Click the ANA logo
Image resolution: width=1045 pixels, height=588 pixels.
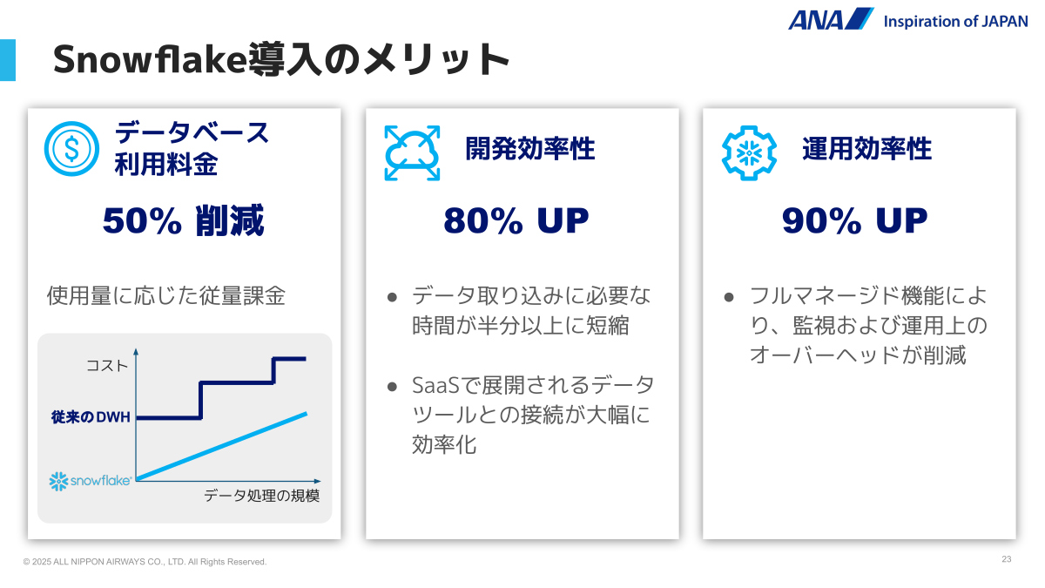tap(831, 19)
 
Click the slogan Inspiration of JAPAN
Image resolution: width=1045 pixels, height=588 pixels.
tap(955, 22)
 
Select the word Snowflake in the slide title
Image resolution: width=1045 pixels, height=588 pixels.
tap(149, 60)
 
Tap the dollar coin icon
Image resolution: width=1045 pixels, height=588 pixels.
tap(71, 149)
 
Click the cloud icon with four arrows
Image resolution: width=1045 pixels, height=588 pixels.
tap(412, 152)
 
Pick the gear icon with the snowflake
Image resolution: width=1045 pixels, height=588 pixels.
tap(749, 152)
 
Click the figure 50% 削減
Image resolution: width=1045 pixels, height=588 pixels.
tap(184, 220)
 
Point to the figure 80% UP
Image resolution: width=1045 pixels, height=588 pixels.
tap(516, 220)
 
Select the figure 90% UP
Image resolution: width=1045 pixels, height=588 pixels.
tap(854, 220)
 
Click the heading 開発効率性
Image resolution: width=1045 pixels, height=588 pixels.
tap(530, 149)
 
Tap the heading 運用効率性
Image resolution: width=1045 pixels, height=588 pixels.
tap(866, 149)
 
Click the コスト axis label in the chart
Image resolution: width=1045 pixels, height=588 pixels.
tap(107, 365)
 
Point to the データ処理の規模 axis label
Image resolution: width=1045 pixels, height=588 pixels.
tap(262, 496)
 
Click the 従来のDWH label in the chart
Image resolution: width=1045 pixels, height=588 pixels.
tap(91, 416)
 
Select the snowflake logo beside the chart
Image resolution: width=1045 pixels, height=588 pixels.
tap(91, 481)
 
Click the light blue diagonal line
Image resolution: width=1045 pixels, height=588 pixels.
tap(221, 446)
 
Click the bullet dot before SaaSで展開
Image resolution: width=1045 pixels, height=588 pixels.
tap(392, 387)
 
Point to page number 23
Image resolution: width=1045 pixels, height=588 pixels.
tap(1007, 559)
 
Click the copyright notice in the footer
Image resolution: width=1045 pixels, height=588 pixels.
tap(145, 562)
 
